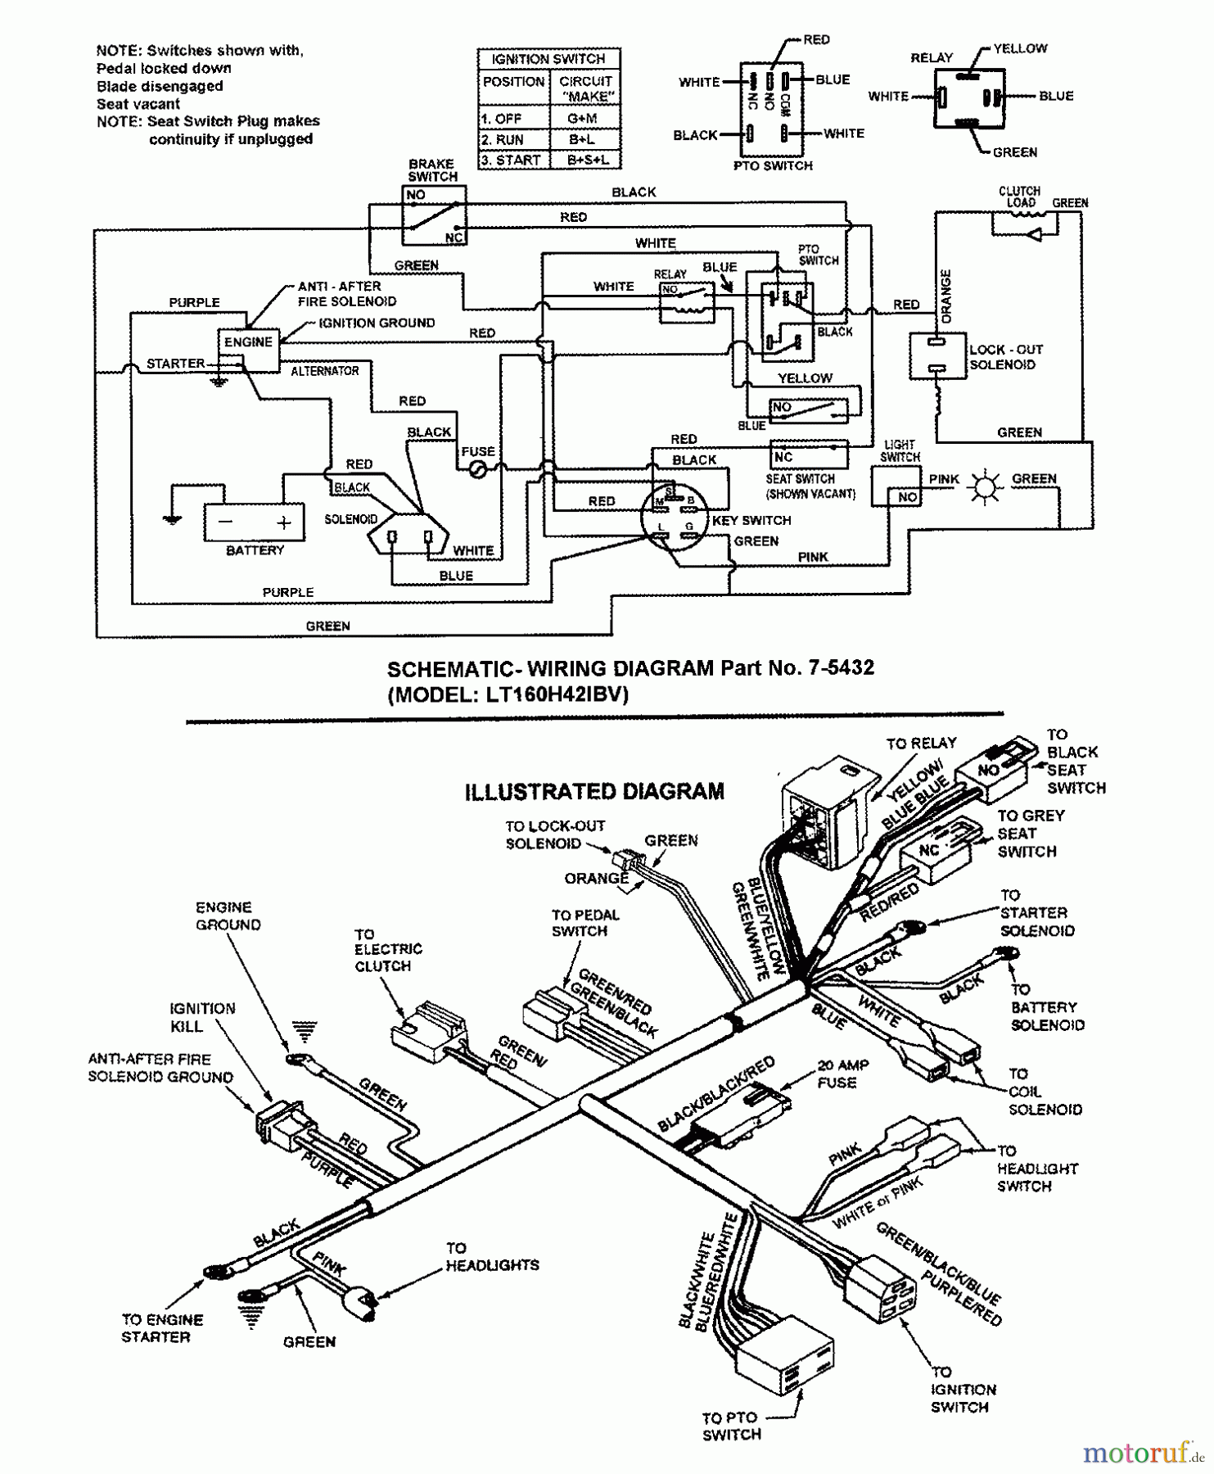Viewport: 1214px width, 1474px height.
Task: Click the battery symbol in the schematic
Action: pos(254,522)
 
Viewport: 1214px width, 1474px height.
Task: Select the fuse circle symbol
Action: pos(476,469)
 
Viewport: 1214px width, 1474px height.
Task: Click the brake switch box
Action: pos(433,215)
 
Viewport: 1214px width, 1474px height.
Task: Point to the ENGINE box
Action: pos(248,342)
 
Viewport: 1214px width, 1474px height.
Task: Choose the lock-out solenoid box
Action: pos(937,356)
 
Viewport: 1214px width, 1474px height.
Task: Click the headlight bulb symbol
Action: pos(985,486)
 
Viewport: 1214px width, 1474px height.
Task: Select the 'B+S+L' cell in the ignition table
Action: pos(587,160)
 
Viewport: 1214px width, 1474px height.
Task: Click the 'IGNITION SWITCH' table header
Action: pos(548,59)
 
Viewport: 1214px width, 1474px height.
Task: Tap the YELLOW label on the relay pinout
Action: pos(1020,48)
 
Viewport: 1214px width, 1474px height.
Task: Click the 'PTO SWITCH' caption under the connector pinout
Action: pos(774,165)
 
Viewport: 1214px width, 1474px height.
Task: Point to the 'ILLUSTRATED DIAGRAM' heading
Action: pos(594,792)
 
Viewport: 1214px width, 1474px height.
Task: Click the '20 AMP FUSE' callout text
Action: pos(842,1074)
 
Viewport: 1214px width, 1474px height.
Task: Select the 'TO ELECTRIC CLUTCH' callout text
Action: pos(388,950)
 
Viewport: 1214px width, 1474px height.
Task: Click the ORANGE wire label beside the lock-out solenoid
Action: pos(947,296)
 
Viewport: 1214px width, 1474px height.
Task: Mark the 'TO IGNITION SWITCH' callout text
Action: pos(963,1390)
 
